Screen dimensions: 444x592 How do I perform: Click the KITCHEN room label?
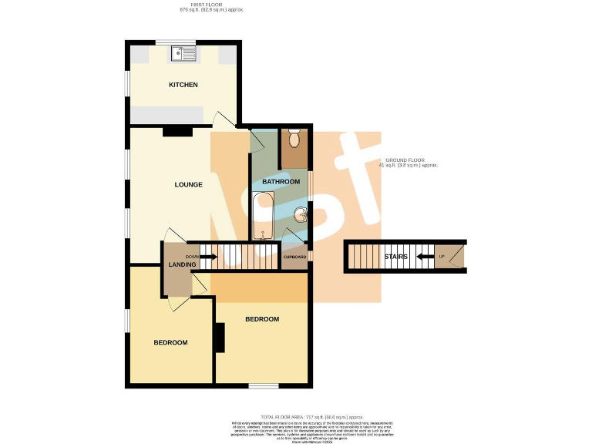pyautogui.click(x=183, y=85)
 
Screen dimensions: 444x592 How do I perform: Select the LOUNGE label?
pyautogui.click(x=188, y=184)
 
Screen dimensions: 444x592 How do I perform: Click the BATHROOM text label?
pyautogui.click(x=281, y=182)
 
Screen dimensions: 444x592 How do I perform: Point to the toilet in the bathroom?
pyautogui.click(x=294, y=140)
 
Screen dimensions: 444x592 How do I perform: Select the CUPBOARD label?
pyautogui.click(x=295, y=257)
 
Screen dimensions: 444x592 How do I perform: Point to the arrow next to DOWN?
pyautogui.click(x=204, y=256)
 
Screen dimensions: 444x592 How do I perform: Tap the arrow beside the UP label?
pyautogui.click(x=424, y=257)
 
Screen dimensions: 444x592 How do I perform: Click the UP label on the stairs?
pyautogui.click(x=442, y=257)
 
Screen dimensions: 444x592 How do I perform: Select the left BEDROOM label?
pyautogui.click(x=170, y=342)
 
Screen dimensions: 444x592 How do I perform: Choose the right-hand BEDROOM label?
pyautogui.click(x=262, y=318)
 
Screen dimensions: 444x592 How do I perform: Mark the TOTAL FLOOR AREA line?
pyautogui.click(x=295, y=415)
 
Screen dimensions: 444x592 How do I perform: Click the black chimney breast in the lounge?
pyautogui.click(x=177, y=132)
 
